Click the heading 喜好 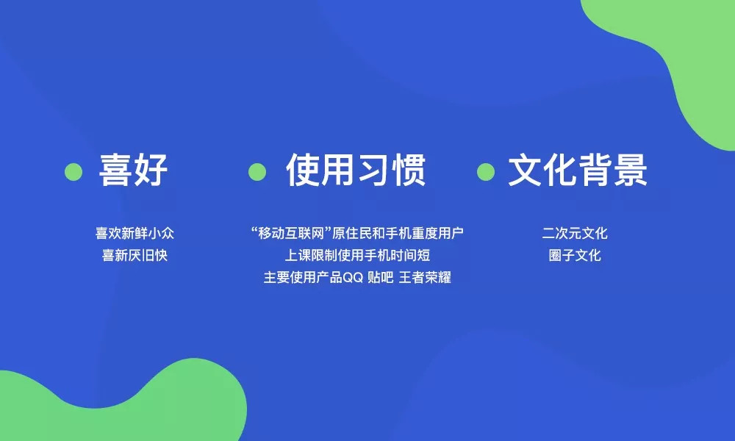pyautogui.click(x=133, y=170)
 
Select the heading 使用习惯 pyautogui.click(x=356, y=170)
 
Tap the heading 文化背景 pyautogui.click(x=578, y=170)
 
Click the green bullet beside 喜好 pyautogui.click(x=73, y=172)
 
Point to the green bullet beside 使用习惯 pyautogui.click(x=257, y=172)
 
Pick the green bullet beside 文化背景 pyautogui.click(x=486, y=172)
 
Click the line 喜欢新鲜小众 pyautogui.click(x=135, y=233)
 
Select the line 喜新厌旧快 pyautogui.click(x=135, y=256)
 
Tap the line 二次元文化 pyautogui.click(x=575, y=233)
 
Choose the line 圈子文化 pyautogui.click(x=575, y=256)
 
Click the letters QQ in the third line pyautogui.click(x=353, y=278)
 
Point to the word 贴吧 pyautogui.click(x=381, y=278)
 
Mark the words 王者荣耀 pyautogui.click(x=425, y=278)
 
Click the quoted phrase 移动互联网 pyautogui.click(x=292, y=233)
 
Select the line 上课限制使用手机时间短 pyautogui.click(x=357, y=256)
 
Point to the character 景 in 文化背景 pyautogui.click(x=631, y=170)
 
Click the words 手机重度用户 pyautogui.click(x=425, y=233)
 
